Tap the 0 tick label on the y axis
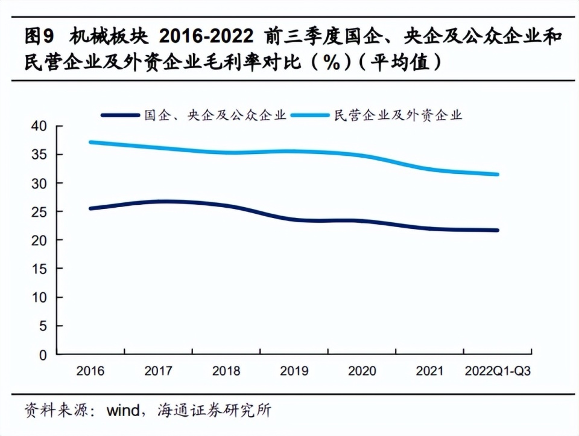(x=43, y=355)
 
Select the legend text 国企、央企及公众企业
(x=215, y=115)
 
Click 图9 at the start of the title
(x=39, y=37)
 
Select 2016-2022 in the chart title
(x=206, y=37)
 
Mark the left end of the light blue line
(x=90, y=142)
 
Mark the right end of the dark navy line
(x=498, y=230)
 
